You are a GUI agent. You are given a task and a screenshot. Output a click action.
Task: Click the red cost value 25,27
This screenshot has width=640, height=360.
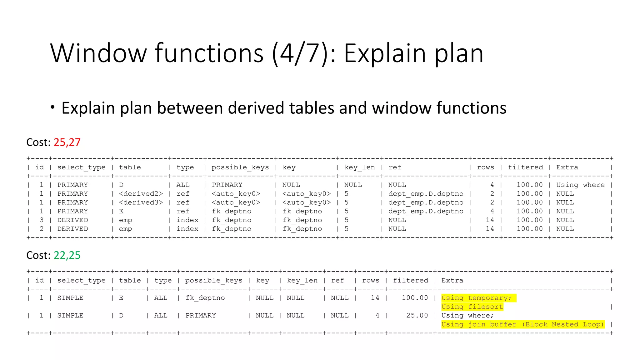pos(67,142)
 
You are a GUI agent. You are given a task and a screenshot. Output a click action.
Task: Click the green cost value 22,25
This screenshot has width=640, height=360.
pos(67,256)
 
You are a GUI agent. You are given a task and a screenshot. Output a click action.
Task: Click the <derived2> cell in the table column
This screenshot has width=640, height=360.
pos(141,194)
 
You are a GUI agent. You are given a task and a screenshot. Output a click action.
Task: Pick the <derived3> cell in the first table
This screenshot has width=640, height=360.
pos(141,202)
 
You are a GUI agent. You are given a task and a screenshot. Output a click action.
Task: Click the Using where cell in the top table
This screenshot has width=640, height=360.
pos(580,185)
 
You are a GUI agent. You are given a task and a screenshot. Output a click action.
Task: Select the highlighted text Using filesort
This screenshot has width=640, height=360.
pos(472,307)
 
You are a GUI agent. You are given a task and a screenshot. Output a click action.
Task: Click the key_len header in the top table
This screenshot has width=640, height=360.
pos(359,167)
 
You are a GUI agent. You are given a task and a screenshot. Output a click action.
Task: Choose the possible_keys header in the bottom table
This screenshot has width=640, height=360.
pos(213,281)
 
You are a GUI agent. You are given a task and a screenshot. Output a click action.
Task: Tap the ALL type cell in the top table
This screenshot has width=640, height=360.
pos(183,185)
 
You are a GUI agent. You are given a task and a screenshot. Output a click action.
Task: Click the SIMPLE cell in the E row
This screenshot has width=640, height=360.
pos(70,298)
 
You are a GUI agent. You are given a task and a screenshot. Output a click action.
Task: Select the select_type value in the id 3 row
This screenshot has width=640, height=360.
pos(72,220)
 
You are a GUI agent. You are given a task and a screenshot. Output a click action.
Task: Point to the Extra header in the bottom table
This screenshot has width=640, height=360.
pos(452,281)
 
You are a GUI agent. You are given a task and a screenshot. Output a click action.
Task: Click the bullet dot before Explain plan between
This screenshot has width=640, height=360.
pos(52,107)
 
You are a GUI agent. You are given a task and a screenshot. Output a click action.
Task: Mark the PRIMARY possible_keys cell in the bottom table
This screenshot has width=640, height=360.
pos(201,316)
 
